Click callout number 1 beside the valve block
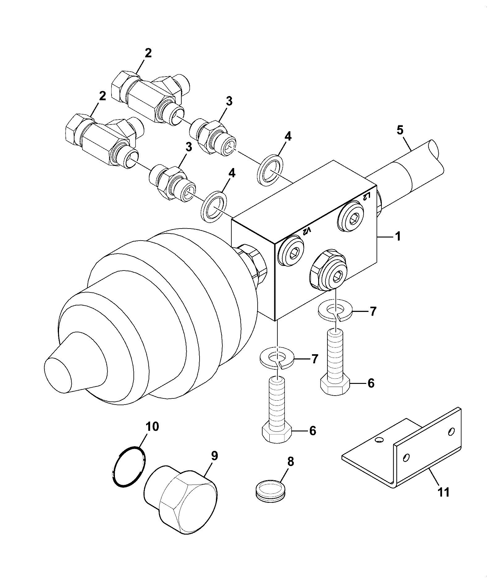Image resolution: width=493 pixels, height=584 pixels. (x=398, y=237)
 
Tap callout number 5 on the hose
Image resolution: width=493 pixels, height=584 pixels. (x=400, y=130)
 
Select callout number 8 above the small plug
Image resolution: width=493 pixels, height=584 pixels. (x=290, y=462)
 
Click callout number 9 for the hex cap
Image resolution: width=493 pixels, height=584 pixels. (x=214, y=456)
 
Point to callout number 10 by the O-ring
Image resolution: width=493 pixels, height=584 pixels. (x=152, y=426)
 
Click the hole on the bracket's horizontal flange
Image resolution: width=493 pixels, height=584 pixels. (x=379, y=439)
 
